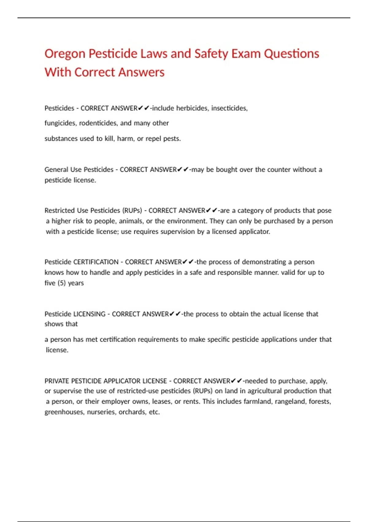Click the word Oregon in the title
coord(65,54)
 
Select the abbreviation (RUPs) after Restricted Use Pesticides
coord(132,210)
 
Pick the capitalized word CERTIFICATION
coord(96,262)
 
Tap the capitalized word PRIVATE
coord(57,381)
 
